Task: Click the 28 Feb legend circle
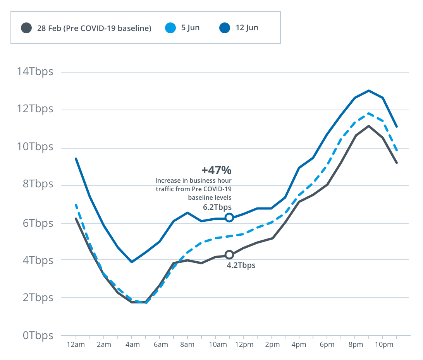point(26,28)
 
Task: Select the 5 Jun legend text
point(190,28)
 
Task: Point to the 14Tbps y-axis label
point(34,72)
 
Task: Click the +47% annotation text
point(216,170)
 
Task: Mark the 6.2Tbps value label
point(217,207)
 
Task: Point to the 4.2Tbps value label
point(241,266)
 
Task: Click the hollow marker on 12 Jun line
point(229,218)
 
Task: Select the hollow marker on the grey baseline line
point(229,255)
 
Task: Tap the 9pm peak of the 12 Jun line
point(369,91)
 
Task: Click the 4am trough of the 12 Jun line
point(132,262)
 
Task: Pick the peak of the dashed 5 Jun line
point(369,113)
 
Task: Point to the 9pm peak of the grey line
point(369,126)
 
